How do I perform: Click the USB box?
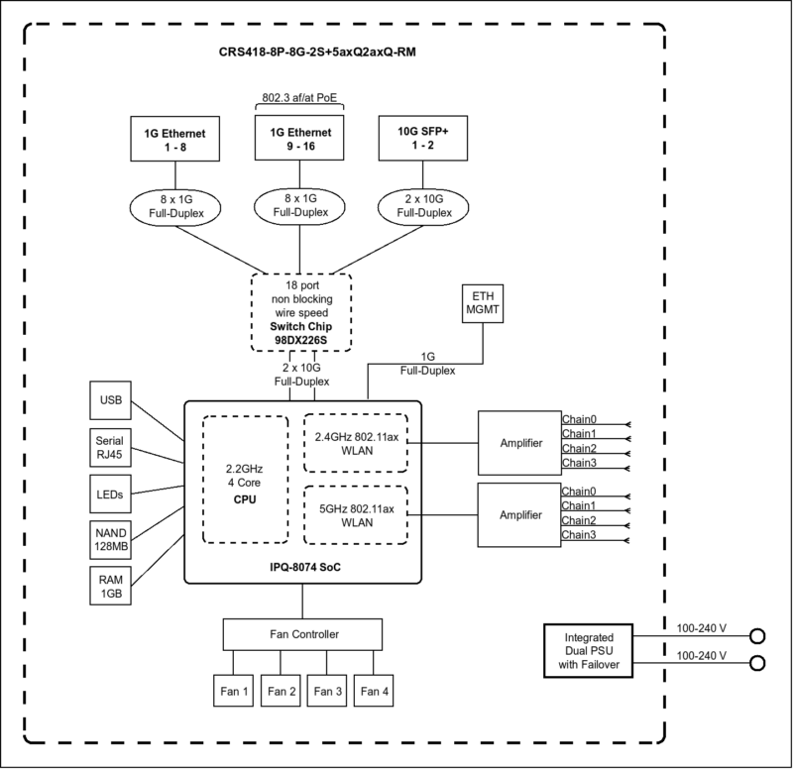point(109,400)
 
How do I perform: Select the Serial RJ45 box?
point(109,447)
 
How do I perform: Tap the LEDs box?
point(109,493)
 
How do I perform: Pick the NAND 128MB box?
point(109,538)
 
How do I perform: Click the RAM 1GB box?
point(109,585)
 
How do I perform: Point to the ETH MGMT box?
point(483,305)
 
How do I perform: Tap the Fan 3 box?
point(328,691)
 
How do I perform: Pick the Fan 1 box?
point(234,691)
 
